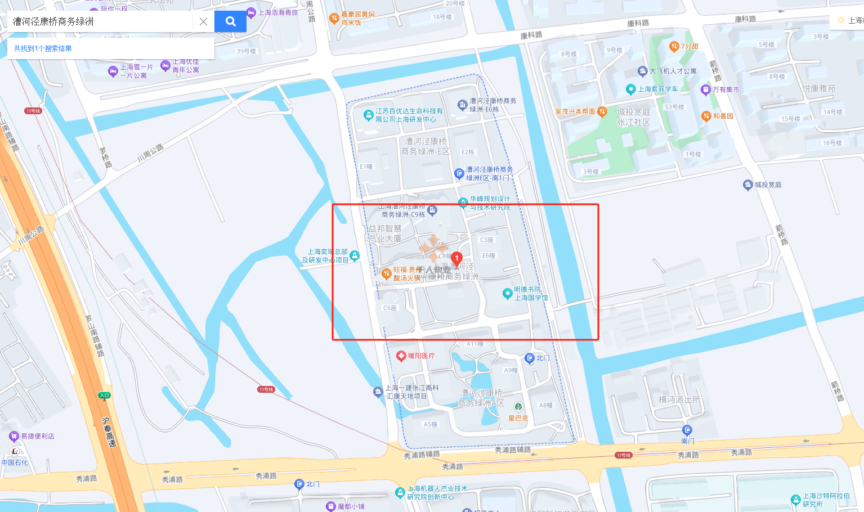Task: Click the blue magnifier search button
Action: tap(230, 21)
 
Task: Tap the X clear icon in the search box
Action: tap(203, 22)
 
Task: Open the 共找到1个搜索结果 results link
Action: tap(43, 48)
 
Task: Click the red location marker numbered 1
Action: tap(456, 259)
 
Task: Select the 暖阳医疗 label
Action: tap(421, 356)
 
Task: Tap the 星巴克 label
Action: tap(518, 418)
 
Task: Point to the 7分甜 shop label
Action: tap(689, 46)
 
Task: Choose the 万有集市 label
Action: tap(726, 89)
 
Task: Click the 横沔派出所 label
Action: tap(679, 399)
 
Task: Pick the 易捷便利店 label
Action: tap(37, 436)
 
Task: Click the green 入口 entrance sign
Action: tap(104, 396)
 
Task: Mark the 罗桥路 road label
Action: tap(105, 158)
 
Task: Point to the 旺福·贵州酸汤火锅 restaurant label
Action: tap(406, 274)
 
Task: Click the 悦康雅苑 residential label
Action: tap(818, 88)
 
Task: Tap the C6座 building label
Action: tap(390, 308)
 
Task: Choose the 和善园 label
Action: tap(723, 116)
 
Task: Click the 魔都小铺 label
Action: tap(351, 506)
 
